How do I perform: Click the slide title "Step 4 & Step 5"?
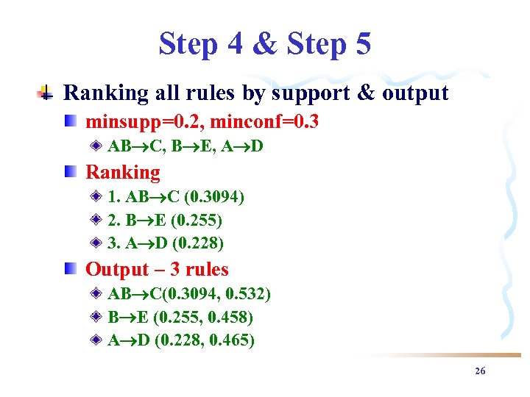click(264, 44)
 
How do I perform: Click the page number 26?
click(480, 371)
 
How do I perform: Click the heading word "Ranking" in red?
click(123, 172)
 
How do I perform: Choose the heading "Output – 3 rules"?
click(157, 269)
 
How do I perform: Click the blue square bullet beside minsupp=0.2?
click(70, 121)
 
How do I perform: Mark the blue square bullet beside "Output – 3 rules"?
click(70, 269)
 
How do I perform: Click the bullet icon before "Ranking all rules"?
click(46, 93)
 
